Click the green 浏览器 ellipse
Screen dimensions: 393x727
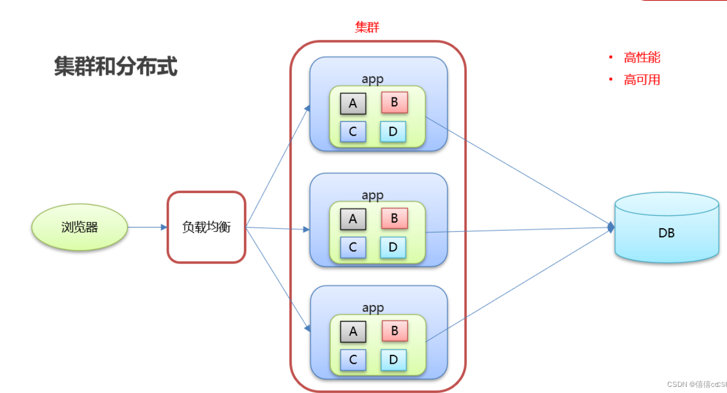click(x=80, y=227)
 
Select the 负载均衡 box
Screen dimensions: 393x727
click(x=206, y=227)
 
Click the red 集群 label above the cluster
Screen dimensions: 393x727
click(x=367, y=27)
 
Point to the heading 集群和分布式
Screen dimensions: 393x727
click(x=116, y=67)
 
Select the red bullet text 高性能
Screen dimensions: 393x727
click(x=642, y=58)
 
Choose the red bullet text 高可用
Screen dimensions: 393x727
click(x=642, y=80)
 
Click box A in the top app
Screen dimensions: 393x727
click(x=353, y=104)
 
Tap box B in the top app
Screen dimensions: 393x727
click(x=394, y=102)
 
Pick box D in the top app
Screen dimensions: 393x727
click(x=393, y=132)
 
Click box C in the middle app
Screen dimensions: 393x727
click(x=353, y=247)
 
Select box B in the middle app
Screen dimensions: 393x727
click(x=394, y=219)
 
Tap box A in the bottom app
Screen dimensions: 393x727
click(x=353, y=332)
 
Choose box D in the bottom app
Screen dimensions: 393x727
click(x=393, y=360)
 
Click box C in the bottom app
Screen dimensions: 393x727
click(x=353, y=360)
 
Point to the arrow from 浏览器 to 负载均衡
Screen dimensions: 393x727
click(x=147, y=227)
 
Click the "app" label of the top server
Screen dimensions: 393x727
click(x=372, y=79)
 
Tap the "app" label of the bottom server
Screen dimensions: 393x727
click(x=373, y=308)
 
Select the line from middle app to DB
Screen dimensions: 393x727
click(x=520, y=230)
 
